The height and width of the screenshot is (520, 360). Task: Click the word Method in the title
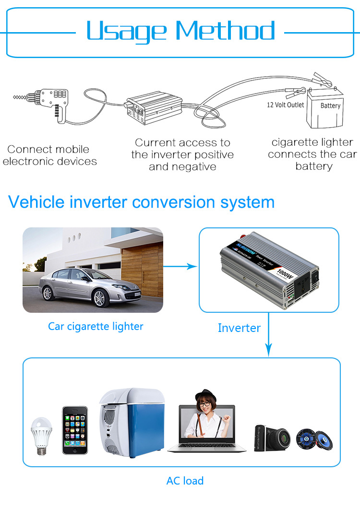point(226,32)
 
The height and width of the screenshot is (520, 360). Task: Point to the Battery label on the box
point(330,106)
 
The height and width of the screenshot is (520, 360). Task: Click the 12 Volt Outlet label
point(286,105)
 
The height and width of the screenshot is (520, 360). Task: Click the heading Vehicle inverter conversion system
point(142,202)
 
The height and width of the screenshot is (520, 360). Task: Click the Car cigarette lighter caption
point(96,327)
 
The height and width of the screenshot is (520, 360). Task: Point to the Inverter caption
point(239,328)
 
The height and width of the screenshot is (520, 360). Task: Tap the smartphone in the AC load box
point(75,430)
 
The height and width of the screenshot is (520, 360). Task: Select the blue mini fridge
point(124,422)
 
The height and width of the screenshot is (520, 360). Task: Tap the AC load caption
point(185,481)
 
